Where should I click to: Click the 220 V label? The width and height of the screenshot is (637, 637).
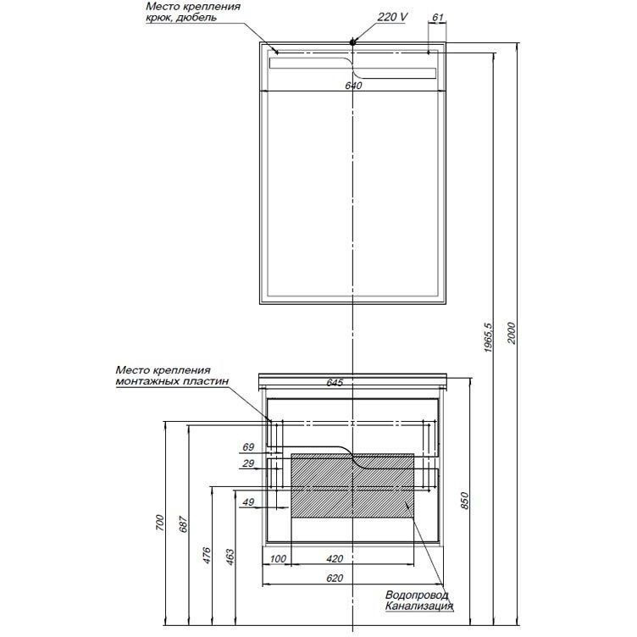392,17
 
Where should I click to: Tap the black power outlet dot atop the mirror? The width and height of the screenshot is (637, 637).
352,41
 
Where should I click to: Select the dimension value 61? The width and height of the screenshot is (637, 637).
438,18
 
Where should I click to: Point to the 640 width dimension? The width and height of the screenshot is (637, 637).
353,86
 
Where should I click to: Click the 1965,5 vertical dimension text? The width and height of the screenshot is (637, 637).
488,338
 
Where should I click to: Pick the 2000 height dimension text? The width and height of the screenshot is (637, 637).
512,333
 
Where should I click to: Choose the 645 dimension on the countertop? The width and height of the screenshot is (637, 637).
335,382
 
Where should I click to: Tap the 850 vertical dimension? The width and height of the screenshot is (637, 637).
465,501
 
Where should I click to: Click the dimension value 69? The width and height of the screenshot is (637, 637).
248,447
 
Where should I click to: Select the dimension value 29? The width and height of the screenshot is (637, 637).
248,463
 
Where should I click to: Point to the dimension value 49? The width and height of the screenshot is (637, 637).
248,502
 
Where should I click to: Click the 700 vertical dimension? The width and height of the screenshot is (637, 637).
160,523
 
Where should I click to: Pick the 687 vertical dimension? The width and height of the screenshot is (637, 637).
184,524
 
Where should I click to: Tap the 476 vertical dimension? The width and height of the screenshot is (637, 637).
207,556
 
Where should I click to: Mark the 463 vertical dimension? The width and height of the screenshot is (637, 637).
230,557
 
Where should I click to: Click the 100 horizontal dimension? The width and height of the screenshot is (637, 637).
278,558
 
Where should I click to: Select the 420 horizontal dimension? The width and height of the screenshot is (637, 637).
335,558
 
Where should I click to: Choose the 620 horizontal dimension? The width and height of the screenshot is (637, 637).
335,578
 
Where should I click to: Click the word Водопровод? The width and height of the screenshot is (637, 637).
418,595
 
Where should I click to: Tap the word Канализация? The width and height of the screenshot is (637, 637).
419,607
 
